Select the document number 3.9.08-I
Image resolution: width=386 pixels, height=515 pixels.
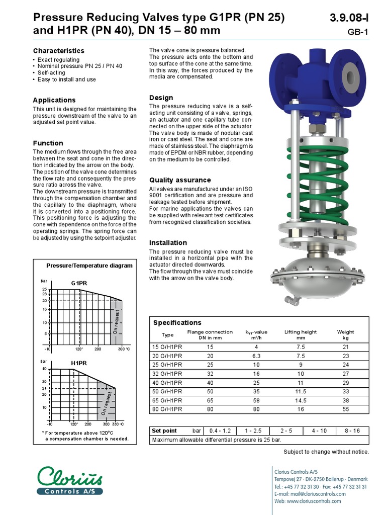349,18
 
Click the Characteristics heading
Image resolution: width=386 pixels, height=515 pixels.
58,51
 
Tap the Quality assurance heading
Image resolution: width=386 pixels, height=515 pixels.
180,180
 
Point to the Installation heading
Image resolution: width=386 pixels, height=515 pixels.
168,242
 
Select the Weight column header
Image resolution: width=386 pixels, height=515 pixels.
345,332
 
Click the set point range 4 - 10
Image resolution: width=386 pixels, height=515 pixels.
319,431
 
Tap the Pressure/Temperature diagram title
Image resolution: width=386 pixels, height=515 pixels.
89,266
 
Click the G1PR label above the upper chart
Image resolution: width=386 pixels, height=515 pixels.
79,283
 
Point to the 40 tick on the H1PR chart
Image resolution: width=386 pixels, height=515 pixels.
44,369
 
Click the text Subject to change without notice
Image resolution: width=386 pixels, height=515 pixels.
326,452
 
